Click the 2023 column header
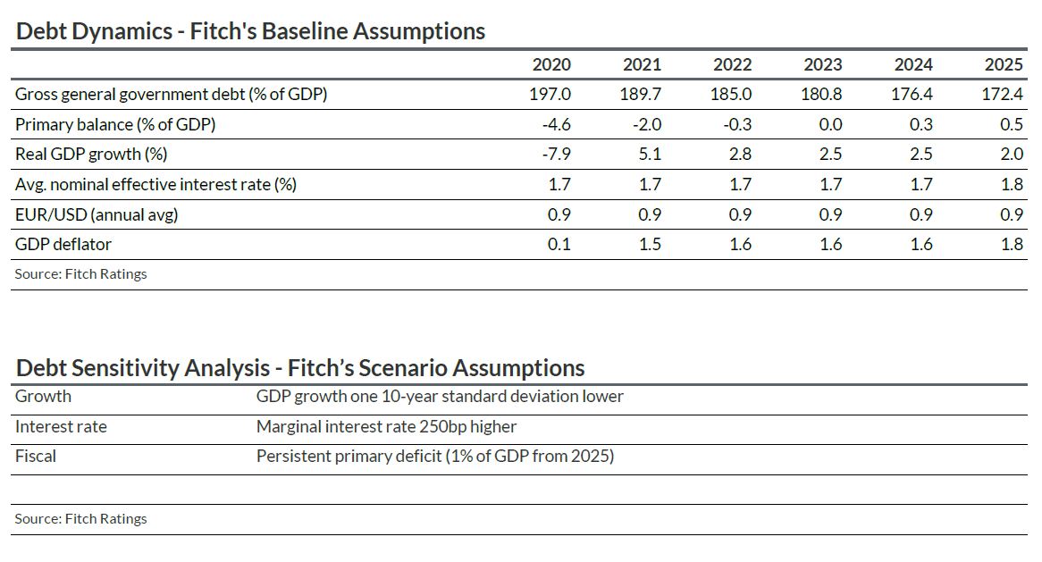click(822, 64)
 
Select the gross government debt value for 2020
click(550, 94)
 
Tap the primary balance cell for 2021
click(646, 124)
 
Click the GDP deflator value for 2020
click(559, 244)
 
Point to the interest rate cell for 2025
click(1012, 184)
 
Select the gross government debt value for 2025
click(1002, 94)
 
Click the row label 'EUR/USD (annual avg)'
click(91, 214)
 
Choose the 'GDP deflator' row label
click(63, 244)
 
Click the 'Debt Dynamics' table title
click(250, 31)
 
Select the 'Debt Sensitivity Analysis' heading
click(300, 367)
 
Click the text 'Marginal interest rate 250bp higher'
click(386, 426)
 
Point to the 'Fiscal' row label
click(36, 456)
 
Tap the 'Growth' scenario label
click(43, 396)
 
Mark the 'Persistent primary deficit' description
click(435, 456)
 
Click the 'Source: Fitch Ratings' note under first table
click(80, 274)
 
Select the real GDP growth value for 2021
click(651, 154)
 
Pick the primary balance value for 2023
click(829, 124)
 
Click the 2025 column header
click(1003, 64)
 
